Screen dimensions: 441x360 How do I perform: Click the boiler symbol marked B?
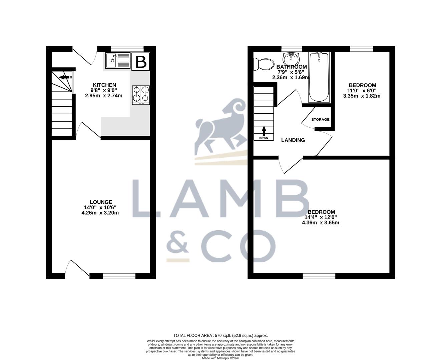[140, 62]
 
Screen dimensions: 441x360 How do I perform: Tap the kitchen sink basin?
[111, 60]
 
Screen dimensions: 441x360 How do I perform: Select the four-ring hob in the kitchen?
[141, 95]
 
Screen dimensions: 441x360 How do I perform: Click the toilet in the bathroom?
[264, 64]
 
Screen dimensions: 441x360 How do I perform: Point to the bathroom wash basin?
[291, 59]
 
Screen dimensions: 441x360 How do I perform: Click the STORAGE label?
[320, 120]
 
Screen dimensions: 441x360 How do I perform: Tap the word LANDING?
[293, 140]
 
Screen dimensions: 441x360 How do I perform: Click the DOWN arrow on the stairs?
[264, 131]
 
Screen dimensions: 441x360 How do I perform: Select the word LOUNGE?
[101, 202]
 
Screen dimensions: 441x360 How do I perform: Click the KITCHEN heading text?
[104, 85]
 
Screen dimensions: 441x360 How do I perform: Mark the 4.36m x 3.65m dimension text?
[320, 223]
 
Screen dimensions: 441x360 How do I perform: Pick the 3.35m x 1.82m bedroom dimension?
[362, 96]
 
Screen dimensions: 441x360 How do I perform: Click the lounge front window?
[119, 276]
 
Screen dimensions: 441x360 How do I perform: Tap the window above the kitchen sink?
[127, 49]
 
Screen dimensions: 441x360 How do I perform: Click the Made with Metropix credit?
[220, 358]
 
